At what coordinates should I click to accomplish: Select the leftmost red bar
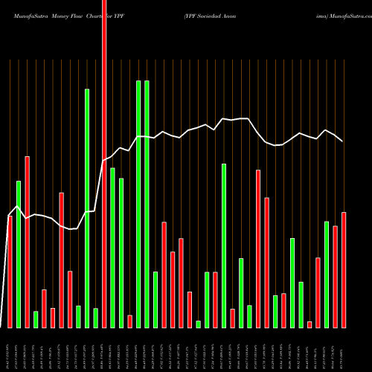[x=10, y=272]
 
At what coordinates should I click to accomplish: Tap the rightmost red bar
[x=344, y=270]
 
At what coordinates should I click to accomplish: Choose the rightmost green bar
[x=327, y=275]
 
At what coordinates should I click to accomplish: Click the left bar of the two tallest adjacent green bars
[x=138, y=204]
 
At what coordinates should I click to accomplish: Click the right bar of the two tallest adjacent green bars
[x=147, y=204]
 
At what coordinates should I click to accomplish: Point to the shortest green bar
[x=199, y=324]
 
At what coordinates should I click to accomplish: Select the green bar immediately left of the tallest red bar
[x=96, y=318]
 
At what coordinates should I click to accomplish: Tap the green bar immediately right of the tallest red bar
[x=112, y=248]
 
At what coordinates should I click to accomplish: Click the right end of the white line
[x=343, y=141]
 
